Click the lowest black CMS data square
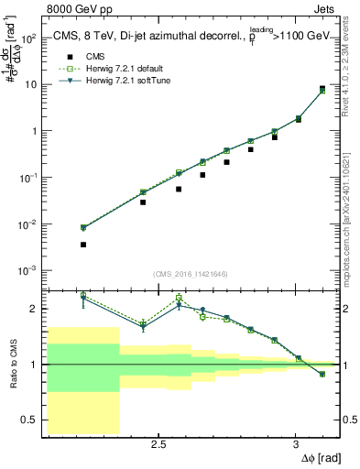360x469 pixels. pos(83,245)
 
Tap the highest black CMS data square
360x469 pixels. pos(322,89)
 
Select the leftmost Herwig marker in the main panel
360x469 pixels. pos(83,228)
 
